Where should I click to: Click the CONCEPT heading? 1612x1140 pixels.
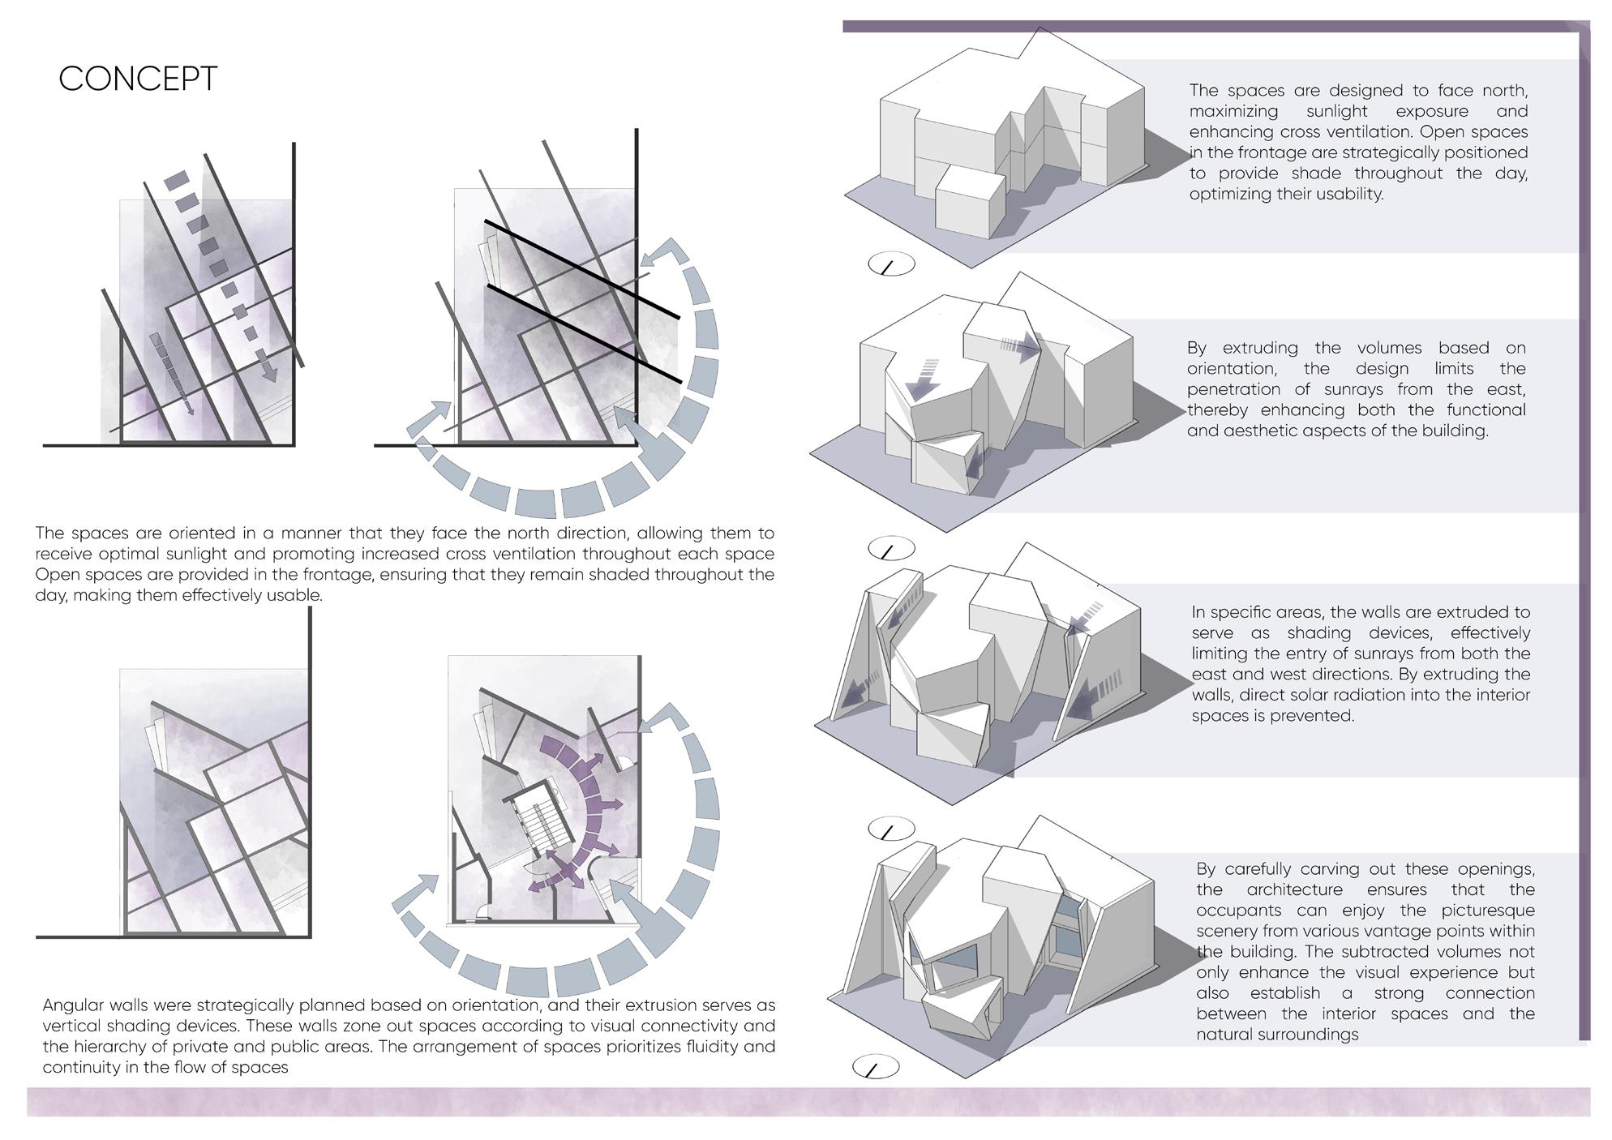pyautogui.click(x=138, y=79)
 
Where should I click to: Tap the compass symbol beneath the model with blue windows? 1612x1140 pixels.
pyautogui.click(x=876, y=1068)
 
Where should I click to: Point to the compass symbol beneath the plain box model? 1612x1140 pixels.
pyautogui.click(x=891, y=264)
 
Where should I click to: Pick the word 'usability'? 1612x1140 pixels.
pyautogui.click(x=1346, y=194)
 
